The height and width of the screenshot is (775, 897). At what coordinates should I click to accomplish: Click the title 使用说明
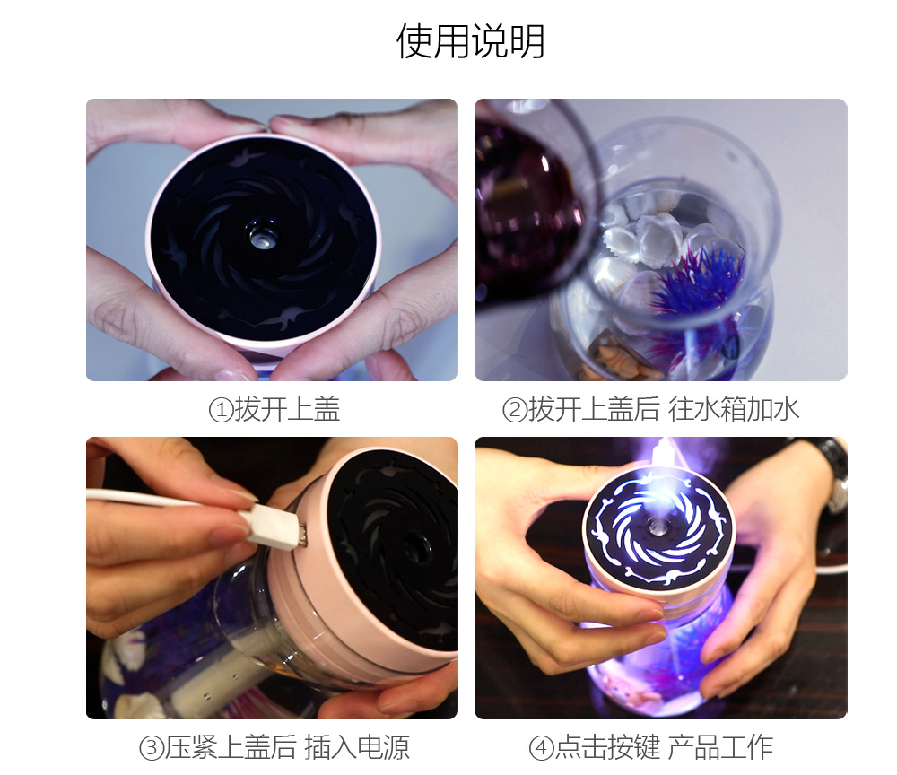coord(470,41)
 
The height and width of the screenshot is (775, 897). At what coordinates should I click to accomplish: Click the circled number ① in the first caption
coord(220,411)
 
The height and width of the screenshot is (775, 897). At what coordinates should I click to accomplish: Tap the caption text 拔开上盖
coord(288,411)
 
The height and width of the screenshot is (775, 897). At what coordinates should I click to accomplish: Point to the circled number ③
coord(150,748)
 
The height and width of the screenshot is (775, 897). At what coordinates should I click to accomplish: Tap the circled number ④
coord(540,748)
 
